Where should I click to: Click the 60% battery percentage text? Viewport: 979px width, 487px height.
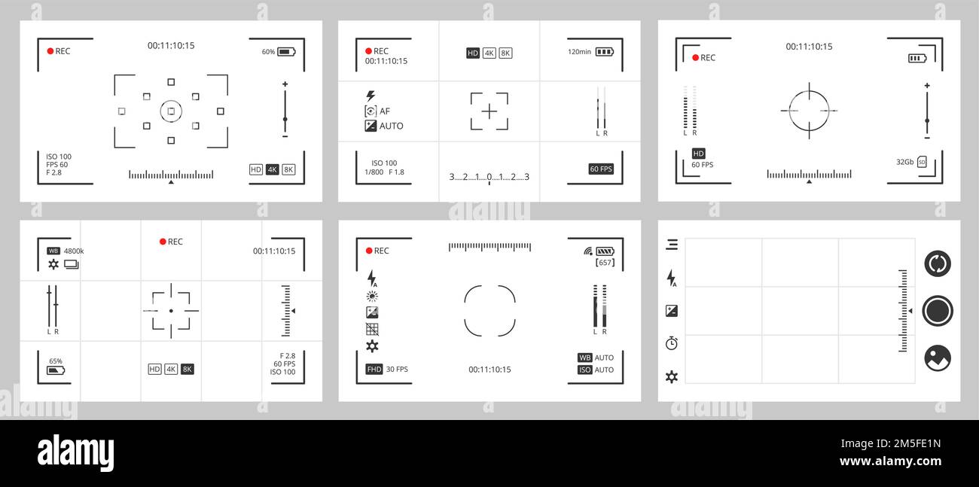[268, 52]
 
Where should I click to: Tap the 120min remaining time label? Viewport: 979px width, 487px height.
[579, 52]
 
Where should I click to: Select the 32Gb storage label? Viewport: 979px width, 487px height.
[904, 162]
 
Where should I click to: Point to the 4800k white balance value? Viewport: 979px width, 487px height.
[74, 251]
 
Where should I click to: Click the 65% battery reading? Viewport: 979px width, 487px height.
[56, 361]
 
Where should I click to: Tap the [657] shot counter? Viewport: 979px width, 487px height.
[605, 263]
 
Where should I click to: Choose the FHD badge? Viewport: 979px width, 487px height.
[374, 370]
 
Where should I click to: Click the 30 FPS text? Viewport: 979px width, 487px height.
[397, 370]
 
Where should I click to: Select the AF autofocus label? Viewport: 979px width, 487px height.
[385, 111]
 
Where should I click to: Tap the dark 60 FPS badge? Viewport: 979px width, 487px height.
[601, 169]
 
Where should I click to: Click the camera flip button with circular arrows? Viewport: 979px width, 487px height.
[938, 263]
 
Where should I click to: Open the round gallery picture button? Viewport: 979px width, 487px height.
[938, 358]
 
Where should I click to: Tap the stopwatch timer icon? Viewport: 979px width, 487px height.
[672, 343]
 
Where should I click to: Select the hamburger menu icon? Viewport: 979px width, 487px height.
[672, 245]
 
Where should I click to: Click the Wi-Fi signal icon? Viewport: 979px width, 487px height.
[587, 251]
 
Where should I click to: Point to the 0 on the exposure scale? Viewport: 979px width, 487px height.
[489, 177]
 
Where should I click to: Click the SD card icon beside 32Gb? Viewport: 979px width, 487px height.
[922, 162]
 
